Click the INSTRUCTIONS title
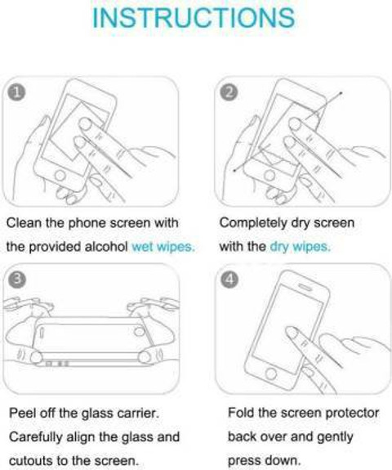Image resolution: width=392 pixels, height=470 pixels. pos(194,18)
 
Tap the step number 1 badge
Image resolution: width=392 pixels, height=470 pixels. pos(17,92)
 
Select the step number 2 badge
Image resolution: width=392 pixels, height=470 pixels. pos(229,92)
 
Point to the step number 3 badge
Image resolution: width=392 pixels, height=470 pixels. pos(17,280)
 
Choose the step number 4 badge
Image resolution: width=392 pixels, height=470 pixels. pos(229,280)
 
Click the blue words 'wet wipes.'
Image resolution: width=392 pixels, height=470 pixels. pos(163,246)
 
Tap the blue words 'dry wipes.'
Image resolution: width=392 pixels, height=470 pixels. pos(301,246)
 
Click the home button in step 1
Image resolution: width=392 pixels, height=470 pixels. pos(60,176)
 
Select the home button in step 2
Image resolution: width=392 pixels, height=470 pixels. pos(269,176)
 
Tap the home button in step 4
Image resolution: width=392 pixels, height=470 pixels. pos(271,374)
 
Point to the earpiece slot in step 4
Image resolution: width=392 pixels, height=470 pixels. pos(305,287)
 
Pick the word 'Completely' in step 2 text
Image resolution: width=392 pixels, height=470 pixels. pos(253,223)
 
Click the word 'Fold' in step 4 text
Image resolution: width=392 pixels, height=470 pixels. pos(241,413)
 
